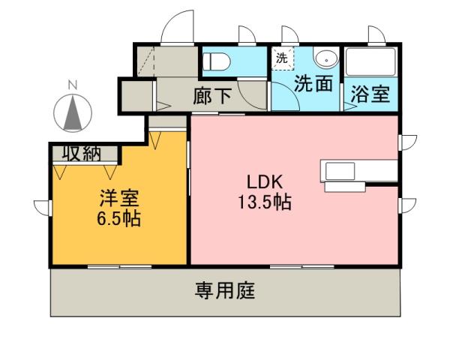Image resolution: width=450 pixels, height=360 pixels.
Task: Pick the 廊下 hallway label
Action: [211, 95]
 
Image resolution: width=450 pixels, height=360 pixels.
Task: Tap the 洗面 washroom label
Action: [312, 84]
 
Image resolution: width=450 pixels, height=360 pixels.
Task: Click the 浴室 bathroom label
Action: [370, 94]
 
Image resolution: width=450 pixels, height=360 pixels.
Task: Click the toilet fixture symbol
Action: [218, 61]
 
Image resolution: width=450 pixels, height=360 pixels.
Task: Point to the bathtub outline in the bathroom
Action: [370, 64]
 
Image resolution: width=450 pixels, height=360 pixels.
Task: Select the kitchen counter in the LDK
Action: [357, 170]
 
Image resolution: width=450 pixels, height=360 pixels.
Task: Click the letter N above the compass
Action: [73, 85]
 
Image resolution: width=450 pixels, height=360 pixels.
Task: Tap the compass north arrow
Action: [73, 112]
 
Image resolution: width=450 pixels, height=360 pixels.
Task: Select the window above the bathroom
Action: [374, 35]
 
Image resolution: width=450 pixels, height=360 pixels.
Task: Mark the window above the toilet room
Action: [245, 36]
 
